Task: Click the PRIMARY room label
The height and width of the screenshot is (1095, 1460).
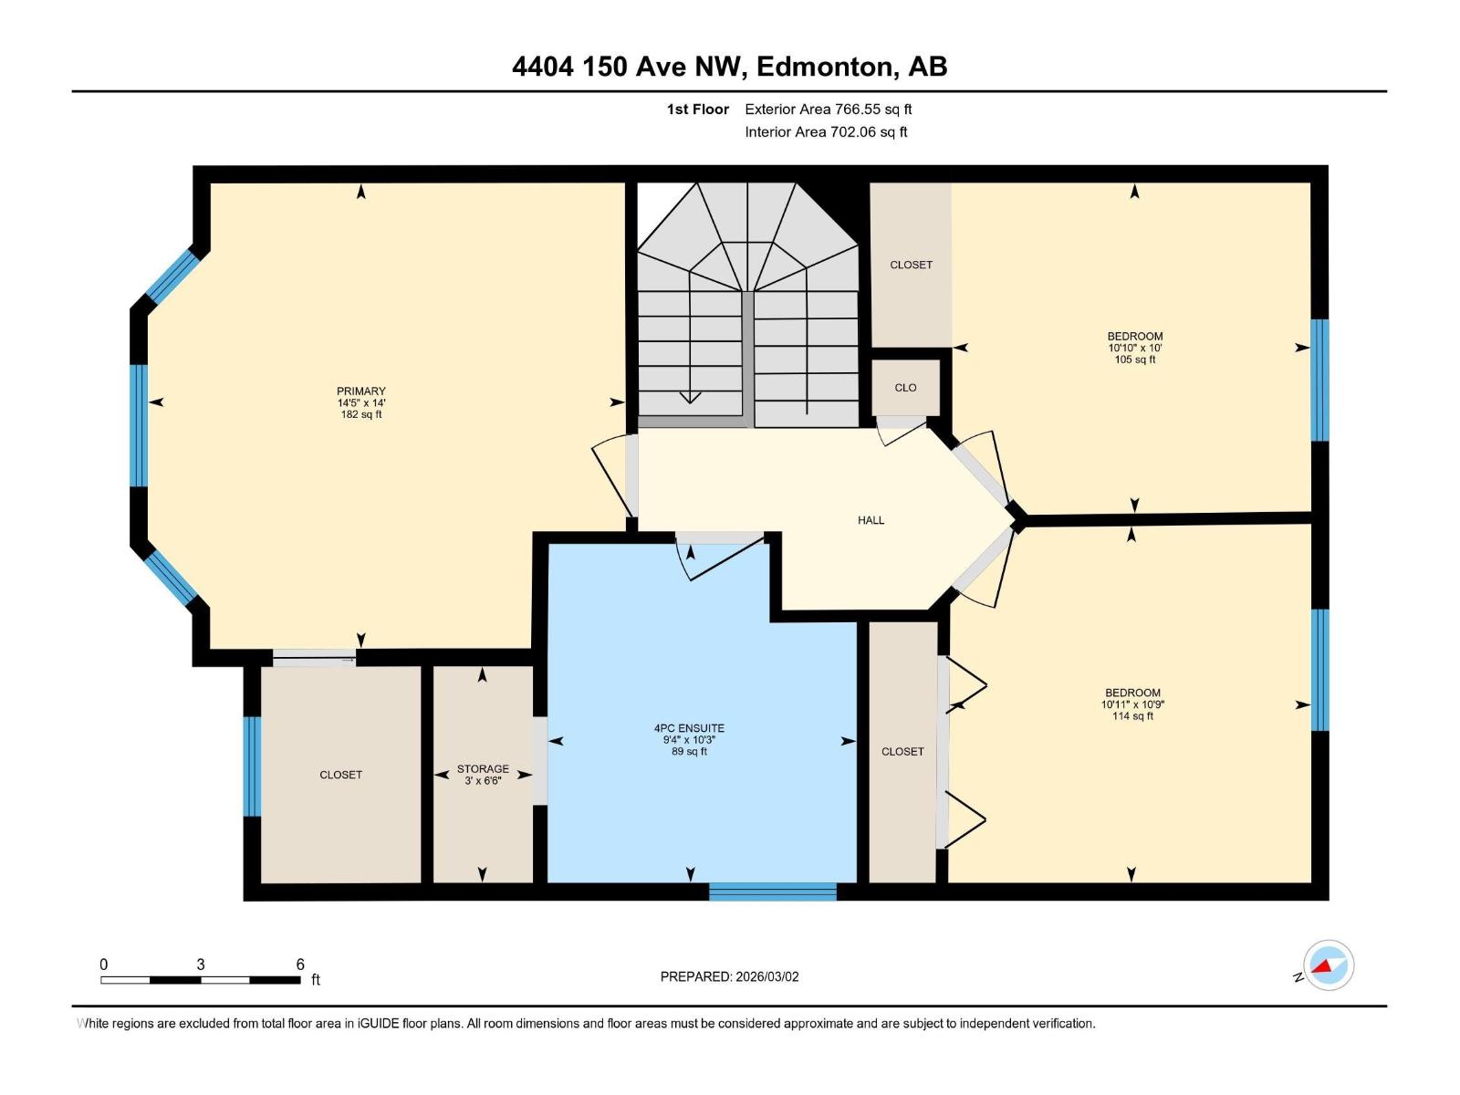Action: [x=360, y=391]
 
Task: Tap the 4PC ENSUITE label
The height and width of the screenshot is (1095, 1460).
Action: [x=689, y=728]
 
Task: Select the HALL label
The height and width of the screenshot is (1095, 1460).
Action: [x=871, y=520]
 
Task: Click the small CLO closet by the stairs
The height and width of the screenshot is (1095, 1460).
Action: [x=905, y=388]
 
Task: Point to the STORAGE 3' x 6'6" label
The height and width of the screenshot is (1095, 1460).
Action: [x=483, y=775]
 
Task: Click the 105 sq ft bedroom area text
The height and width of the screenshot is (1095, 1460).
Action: [x=1134, y=360]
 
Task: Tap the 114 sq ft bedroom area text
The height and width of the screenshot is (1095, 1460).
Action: [x=1132, y=716]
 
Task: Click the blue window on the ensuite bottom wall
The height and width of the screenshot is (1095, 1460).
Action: [x=772, y=892]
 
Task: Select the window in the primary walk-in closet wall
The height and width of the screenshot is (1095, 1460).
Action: [x=252, y=766]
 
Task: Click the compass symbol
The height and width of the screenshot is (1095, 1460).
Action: [x=1328, y=965]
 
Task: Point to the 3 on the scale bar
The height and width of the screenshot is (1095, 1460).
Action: [x=200, y=965]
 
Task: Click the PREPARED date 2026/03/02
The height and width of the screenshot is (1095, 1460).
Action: [x=729, y=976]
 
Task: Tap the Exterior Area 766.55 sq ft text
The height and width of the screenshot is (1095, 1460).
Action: [x=828, y=109]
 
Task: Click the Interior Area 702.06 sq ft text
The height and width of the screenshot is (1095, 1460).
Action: [x=826, y=132]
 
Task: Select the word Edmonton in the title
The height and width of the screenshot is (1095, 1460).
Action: [x=824, y=67]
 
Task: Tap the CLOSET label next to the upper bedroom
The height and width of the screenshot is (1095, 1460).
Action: [x=911, y=265]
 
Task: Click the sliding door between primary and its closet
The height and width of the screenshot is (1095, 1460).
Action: [x=314, y=657]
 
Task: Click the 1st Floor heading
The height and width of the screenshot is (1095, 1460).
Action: [x=697, y=109]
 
